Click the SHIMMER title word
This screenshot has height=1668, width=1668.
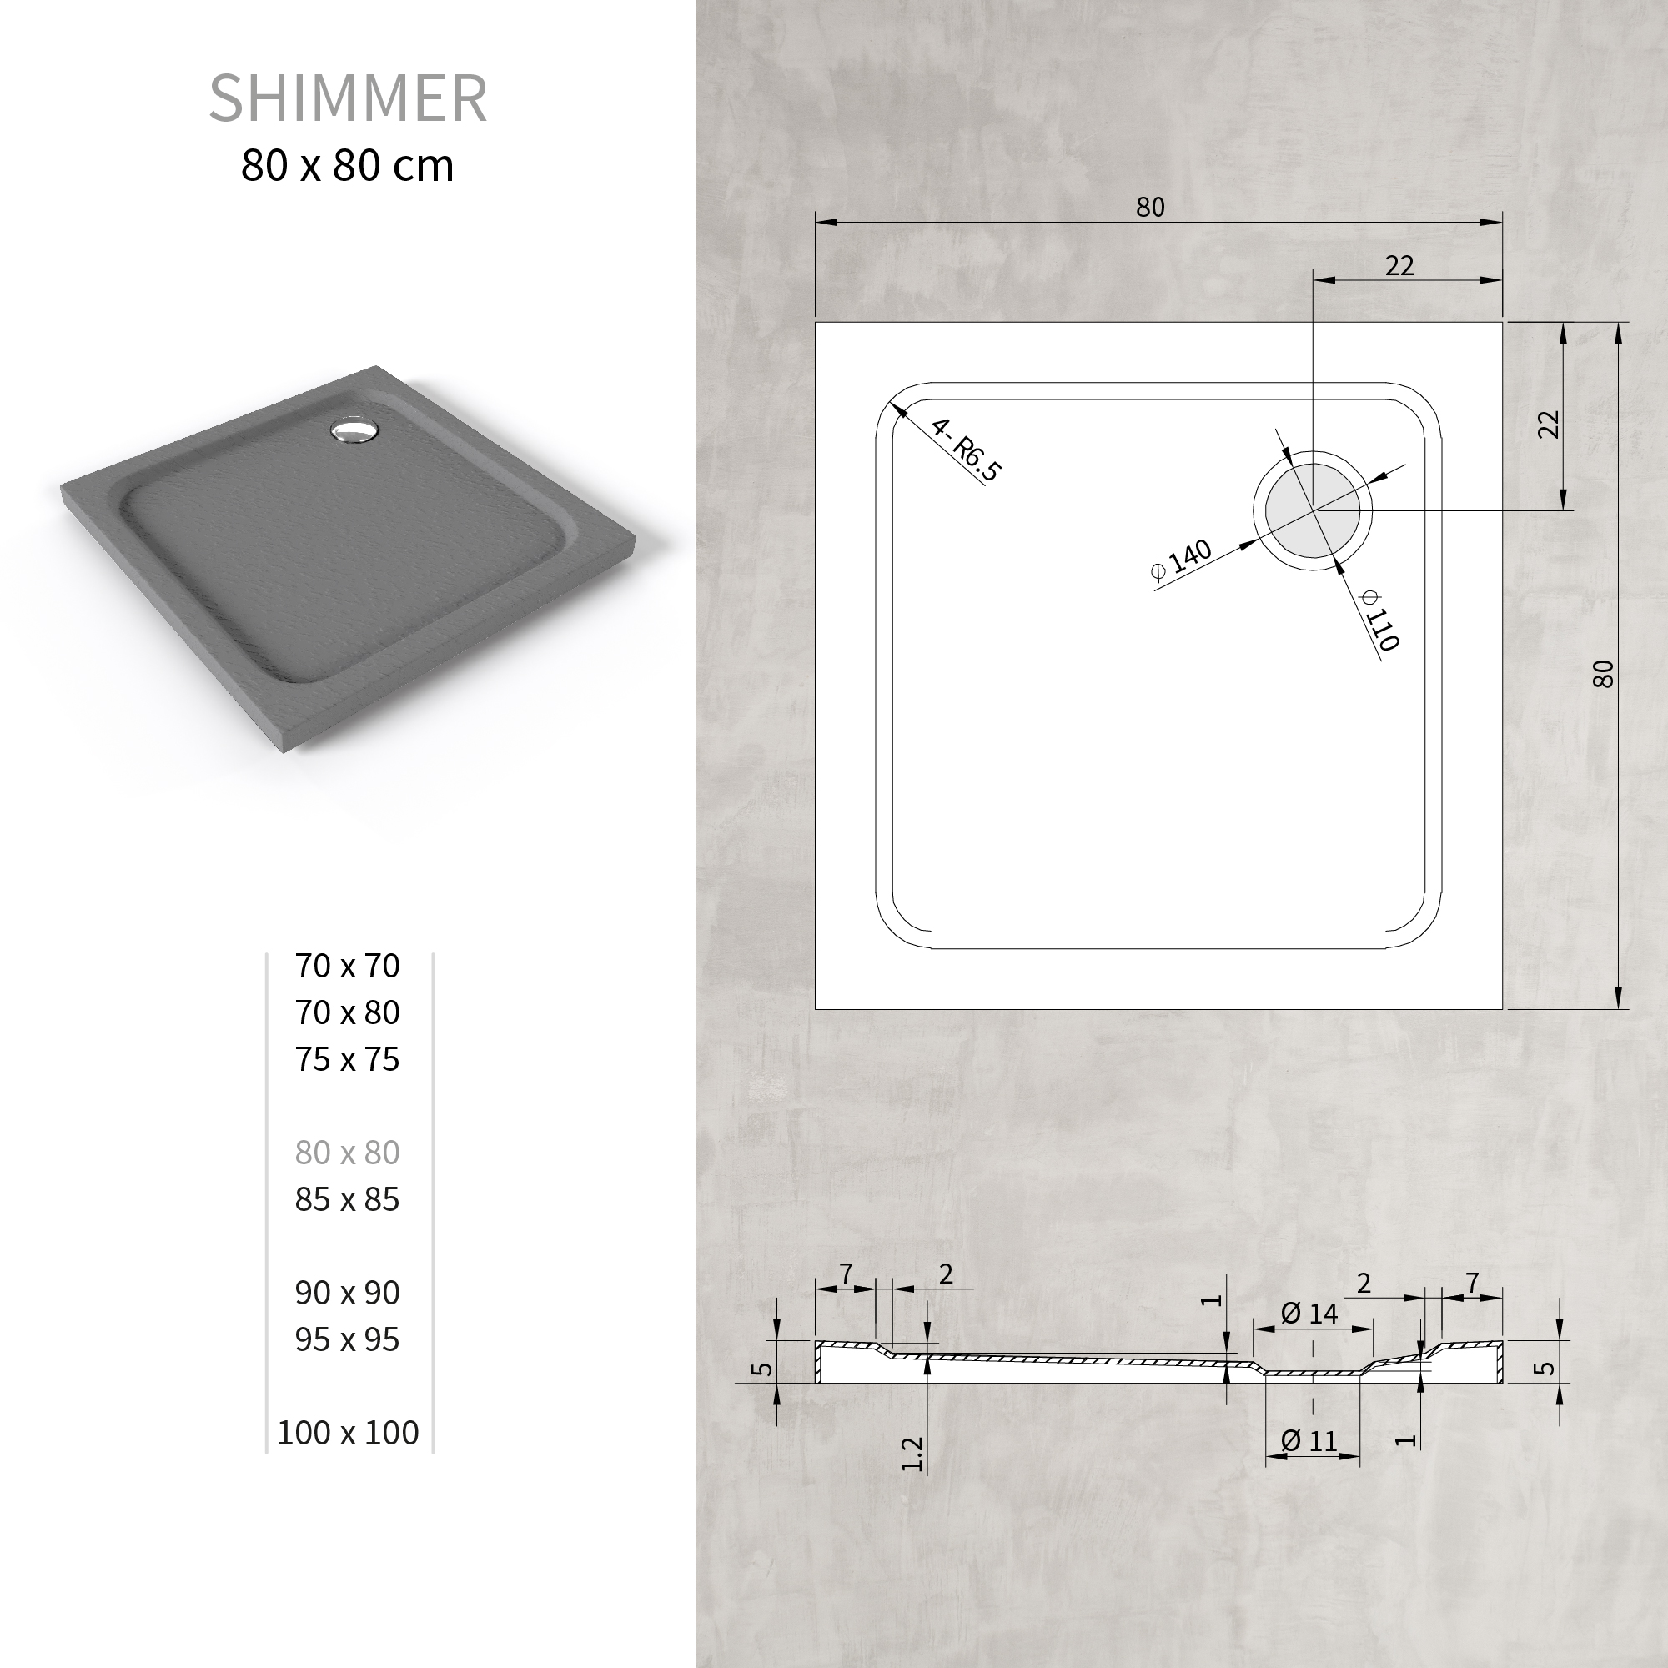coord(348,98)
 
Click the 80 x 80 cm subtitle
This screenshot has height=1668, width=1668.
coord(347,166)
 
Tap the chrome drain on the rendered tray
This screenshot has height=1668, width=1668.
coord(352,430)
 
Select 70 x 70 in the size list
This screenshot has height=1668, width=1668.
coord(347,966)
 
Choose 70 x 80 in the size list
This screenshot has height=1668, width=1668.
coord(347,1012)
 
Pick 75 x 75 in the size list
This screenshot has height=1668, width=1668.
coord(347,1059)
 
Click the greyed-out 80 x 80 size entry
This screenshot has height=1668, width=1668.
coord(347,1153)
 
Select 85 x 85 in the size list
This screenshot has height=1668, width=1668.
coord(347,1199)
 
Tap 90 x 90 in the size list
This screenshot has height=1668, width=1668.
coord(347,1293)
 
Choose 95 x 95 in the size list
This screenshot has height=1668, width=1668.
coord(347,1339)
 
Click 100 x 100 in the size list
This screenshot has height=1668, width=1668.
coord(348,1432)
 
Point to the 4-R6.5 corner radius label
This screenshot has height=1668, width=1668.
coord(966,450)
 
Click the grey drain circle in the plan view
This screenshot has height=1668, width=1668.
coord(1312,510)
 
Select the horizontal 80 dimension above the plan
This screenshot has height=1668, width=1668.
coord(1150,207)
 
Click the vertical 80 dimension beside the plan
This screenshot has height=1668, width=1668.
coord(1602,673)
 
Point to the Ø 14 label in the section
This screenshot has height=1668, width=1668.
coord(1309,1314)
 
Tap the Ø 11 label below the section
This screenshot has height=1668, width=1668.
coord(1309,1441)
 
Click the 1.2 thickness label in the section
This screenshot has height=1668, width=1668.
coord(912,1454)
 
